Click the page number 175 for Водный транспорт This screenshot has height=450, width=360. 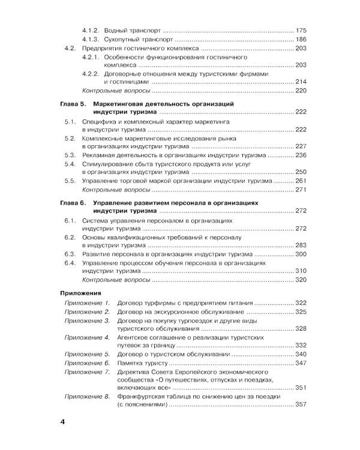(x=301, y=30)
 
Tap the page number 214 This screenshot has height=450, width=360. (x=301, y=82)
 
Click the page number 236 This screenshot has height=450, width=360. (x=301, y=155)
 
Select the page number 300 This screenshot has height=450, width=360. (x=301, y=254)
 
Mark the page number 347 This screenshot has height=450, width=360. (x=301, y=363)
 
